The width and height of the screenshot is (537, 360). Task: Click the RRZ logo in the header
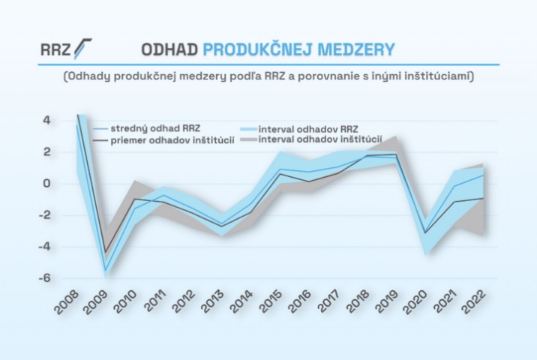[x=67, y=49]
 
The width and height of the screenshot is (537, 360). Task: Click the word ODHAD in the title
[x=169, y=49]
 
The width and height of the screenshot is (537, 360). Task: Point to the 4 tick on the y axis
[x=46, y=120]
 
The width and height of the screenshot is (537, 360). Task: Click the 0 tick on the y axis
[x=46, y=183]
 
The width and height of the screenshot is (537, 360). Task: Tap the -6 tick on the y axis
[x=44, y=277]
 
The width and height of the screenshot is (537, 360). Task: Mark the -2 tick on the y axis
[x=44, y=215]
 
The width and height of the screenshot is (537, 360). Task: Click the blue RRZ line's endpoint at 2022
[x=483, y=175]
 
